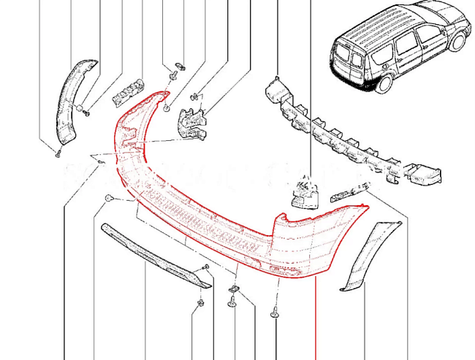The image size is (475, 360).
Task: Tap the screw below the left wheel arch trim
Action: (x=57, y=153)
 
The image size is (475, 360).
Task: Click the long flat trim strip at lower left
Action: (x=153, y=252)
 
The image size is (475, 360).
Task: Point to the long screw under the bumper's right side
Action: (x=275, y=312)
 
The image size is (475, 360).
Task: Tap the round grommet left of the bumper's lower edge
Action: (x=107, y=199)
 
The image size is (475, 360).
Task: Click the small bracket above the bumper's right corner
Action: (x=303, y=194)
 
